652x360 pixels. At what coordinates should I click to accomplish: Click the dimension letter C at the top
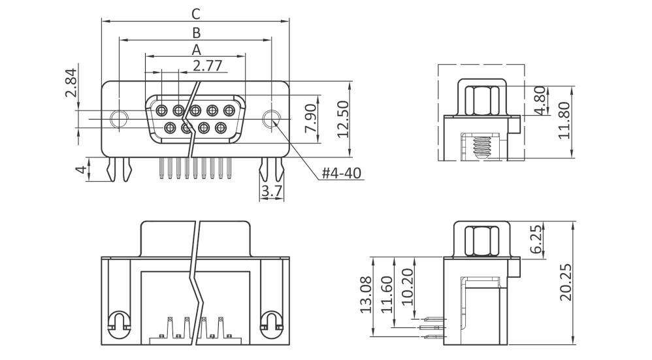195,12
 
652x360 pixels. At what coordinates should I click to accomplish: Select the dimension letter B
195,31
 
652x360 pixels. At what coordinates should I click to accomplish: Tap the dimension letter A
195,49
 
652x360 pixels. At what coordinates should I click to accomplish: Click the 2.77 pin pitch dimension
208,65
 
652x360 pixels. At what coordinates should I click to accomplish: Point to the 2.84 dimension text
71,83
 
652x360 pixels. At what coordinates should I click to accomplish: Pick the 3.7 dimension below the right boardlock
271,191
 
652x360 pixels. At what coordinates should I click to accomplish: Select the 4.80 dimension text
540,101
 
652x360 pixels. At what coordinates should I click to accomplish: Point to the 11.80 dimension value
564,120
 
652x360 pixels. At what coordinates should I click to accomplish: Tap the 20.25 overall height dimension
565,282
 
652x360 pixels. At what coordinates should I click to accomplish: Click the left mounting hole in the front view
118,119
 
